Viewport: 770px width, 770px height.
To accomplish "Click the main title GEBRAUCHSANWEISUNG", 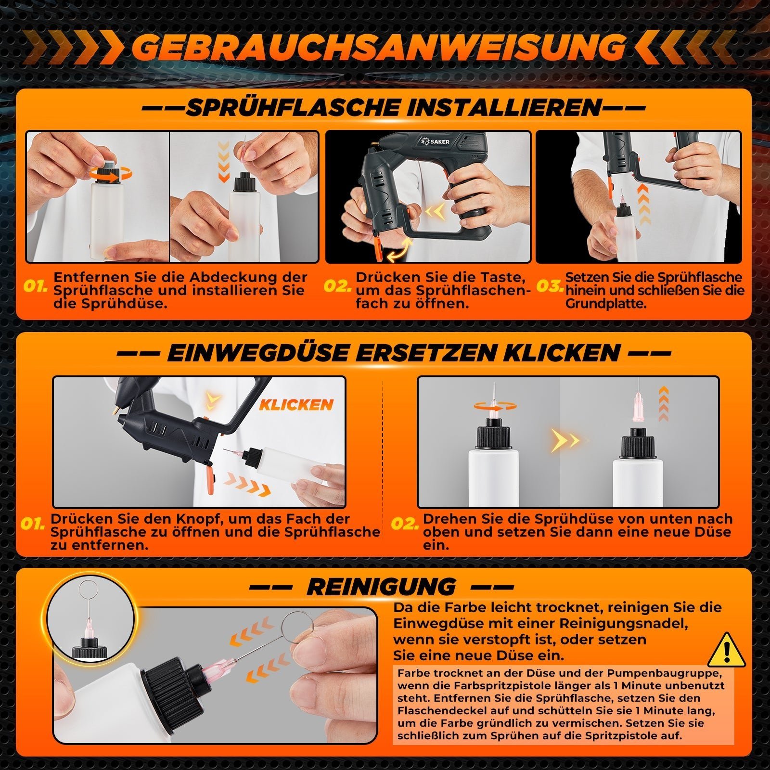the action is coord(378,47).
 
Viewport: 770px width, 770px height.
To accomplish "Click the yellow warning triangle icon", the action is coord(727,650).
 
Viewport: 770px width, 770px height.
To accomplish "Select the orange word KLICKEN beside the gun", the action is coord(296,405).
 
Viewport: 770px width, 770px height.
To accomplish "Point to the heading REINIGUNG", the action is coord(381,587).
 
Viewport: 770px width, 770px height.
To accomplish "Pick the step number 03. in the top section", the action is coord(549,287).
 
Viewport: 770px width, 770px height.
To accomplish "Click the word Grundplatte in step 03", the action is coord(605,304).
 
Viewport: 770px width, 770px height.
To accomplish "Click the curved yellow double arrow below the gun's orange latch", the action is coord(401,251).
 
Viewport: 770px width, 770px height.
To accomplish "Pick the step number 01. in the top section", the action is coord(36,287).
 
